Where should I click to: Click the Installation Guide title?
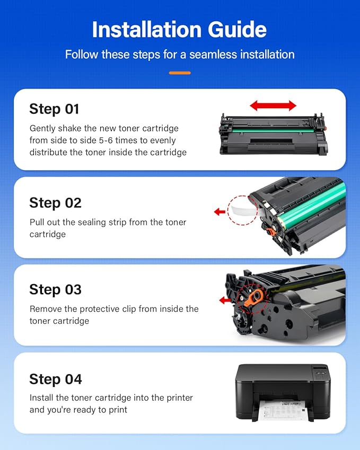pos(180,29)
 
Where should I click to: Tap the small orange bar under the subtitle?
pos(180,73)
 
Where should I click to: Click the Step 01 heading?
pos(54,109)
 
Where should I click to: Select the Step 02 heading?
pos(55,202)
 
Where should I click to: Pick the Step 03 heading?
pos(55,289)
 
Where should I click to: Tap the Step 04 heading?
pos(56,379)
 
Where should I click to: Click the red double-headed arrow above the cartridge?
pos(273,105)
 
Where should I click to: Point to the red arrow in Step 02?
pos(219,212)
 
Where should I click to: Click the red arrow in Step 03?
pos(225,300)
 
